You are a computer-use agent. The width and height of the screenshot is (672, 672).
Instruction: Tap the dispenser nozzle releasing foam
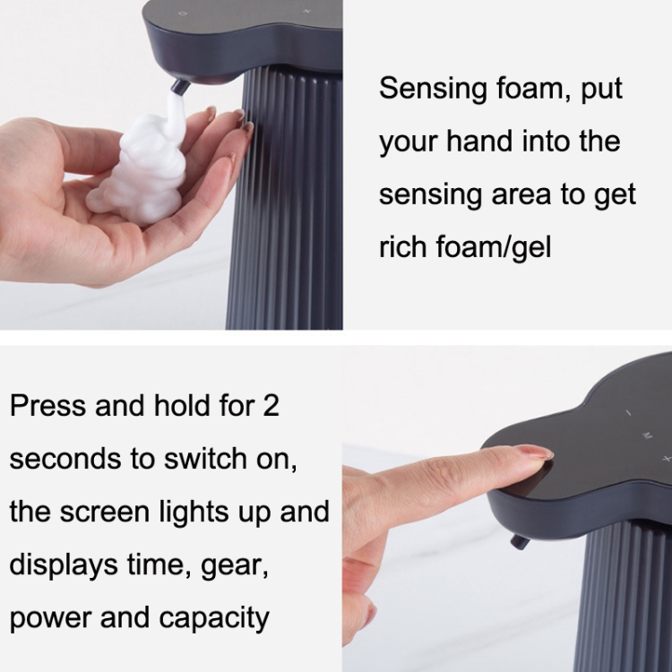point(179,86)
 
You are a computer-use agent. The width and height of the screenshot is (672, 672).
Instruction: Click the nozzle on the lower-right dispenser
point(520,542)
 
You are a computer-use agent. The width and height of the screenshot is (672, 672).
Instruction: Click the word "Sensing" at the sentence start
point(433,89)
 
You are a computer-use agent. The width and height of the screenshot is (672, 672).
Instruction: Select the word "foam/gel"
point(494,247)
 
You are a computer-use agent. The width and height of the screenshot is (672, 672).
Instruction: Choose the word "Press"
point(47,405)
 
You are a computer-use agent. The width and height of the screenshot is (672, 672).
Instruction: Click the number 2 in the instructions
point(271,405)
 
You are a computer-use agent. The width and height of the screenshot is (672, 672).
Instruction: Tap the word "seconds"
point(65,459)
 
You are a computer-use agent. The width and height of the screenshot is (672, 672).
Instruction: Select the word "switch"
point(206,458)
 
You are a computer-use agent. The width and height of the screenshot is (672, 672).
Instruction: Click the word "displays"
point(64,565)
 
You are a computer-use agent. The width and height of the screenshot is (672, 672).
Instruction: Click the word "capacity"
point(214,619)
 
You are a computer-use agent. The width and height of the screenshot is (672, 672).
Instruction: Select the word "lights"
point(194,513)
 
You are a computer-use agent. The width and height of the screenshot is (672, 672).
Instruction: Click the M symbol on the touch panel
point(647,435)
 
